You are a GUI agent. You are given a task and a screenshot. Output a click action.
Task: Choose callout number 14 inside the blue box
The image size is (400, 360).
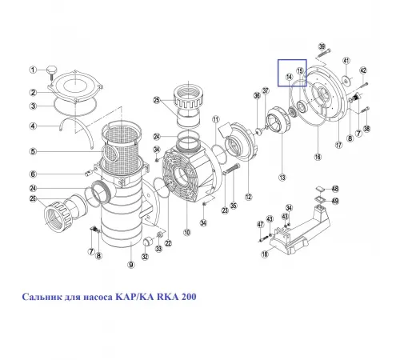(290, 76)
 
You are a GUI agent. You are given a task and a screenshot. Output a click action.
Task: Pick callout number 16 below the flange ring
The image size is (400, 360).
(318, 158)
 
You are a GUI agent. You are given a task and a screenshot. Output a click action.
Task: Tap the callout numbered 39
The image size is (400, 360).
(322, 49)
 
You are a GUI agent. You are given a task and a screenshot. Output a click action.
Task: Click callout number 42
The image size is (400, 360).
(363, 71)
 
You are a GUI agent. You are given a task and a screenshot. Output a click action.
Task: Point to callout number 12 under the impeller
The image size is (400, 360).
(248, 197)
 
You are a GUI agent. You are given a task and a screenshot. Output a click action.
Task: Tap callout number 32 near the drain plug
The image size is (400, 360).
(145, 257)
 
